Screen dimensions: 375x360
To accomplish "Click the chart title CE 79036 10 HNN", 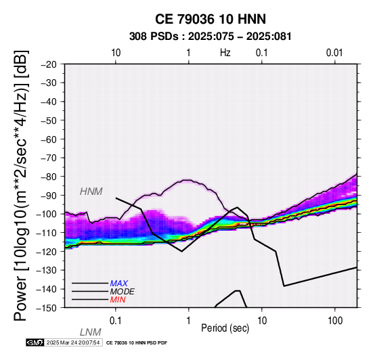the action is pos(211,19).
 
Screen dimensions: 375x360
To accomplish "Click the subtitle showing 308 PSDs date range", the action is pos(211,37).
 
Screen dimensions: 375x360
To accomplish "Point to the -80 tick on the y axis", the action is pos(49,177).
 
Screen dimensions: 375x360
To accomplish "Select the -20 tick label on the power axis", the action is pos(49,64).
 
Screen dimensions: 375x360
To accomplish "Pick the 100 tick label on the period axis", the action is pos(335,321).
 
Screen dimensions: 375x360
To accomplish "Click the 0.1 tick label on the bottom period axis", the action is pos(116,321).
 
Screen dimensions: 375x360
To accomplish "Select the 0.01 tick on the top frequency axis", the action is pos(335,53).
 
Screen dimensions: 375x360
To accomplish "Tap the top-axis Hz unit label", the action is pos(225,53).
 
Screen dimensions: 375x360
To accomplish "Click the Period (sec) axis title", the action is pos(225,328).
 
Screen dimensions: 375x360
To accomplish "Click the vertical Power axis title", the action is pos(21,186).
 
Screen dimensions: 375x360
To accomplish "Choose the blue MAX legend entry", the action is pos(119,284).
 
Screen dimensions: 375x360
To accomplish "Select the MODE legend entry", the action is pos(123,292).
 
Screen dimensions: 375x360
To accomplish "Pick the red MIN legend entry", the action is pos(118,300).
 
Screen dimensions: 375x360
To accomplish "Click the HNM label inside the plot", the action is pos(91,192).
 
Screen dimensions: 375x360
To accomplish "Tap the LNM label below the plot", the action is pos(91,332).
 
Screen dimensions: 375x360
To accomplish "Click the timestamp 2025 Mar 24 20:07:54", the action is pos(73,342).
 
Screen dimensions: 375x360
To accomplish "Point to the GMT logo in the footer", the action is pos(35,342).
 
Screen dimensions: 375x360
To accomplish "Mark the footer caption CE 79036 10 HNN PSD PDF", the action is pos(137,343).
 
